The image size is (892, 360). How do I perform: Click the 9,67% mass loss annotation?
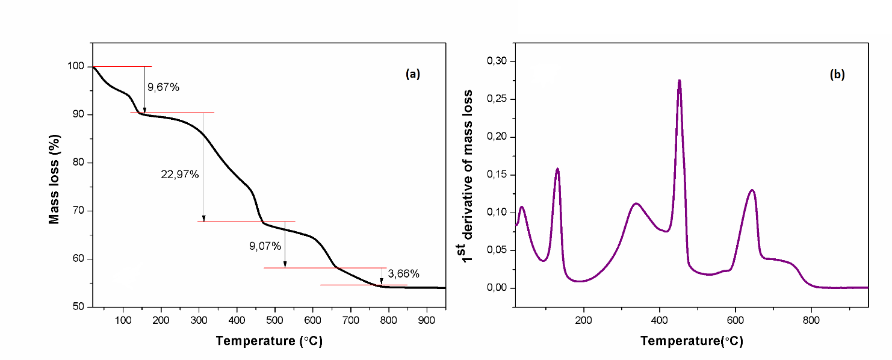[163, 87]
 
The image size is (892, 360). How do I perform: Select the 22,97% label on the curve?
[179, 175]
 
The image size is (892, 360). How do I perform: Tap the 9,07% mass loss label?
[265, 246]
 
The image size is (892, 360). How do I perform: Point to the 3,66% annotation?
[403, 274]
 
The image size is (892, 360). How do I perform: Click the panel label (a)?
[413, 74]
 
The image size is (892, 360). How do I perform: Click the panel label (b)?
[837, 75]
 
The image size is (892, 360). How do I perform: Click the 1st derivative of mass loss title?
[467, 175]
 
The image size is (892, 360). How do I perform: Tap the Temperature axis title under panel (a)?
[269, 341]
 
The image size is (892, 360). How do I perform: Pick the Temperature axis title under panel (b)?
[692, 341]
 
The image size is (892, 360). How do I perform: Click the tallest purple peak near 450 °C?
[680, 81]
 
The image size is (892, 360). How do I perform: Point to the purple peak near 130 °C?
[557, 169]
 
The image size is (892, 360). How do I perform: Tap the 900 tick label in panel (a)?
[427, 319]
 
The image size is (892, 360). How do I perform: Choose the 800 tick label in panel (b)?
[811, 319]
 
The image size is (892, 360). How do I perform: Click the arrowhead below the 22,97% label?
[203, 219]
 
